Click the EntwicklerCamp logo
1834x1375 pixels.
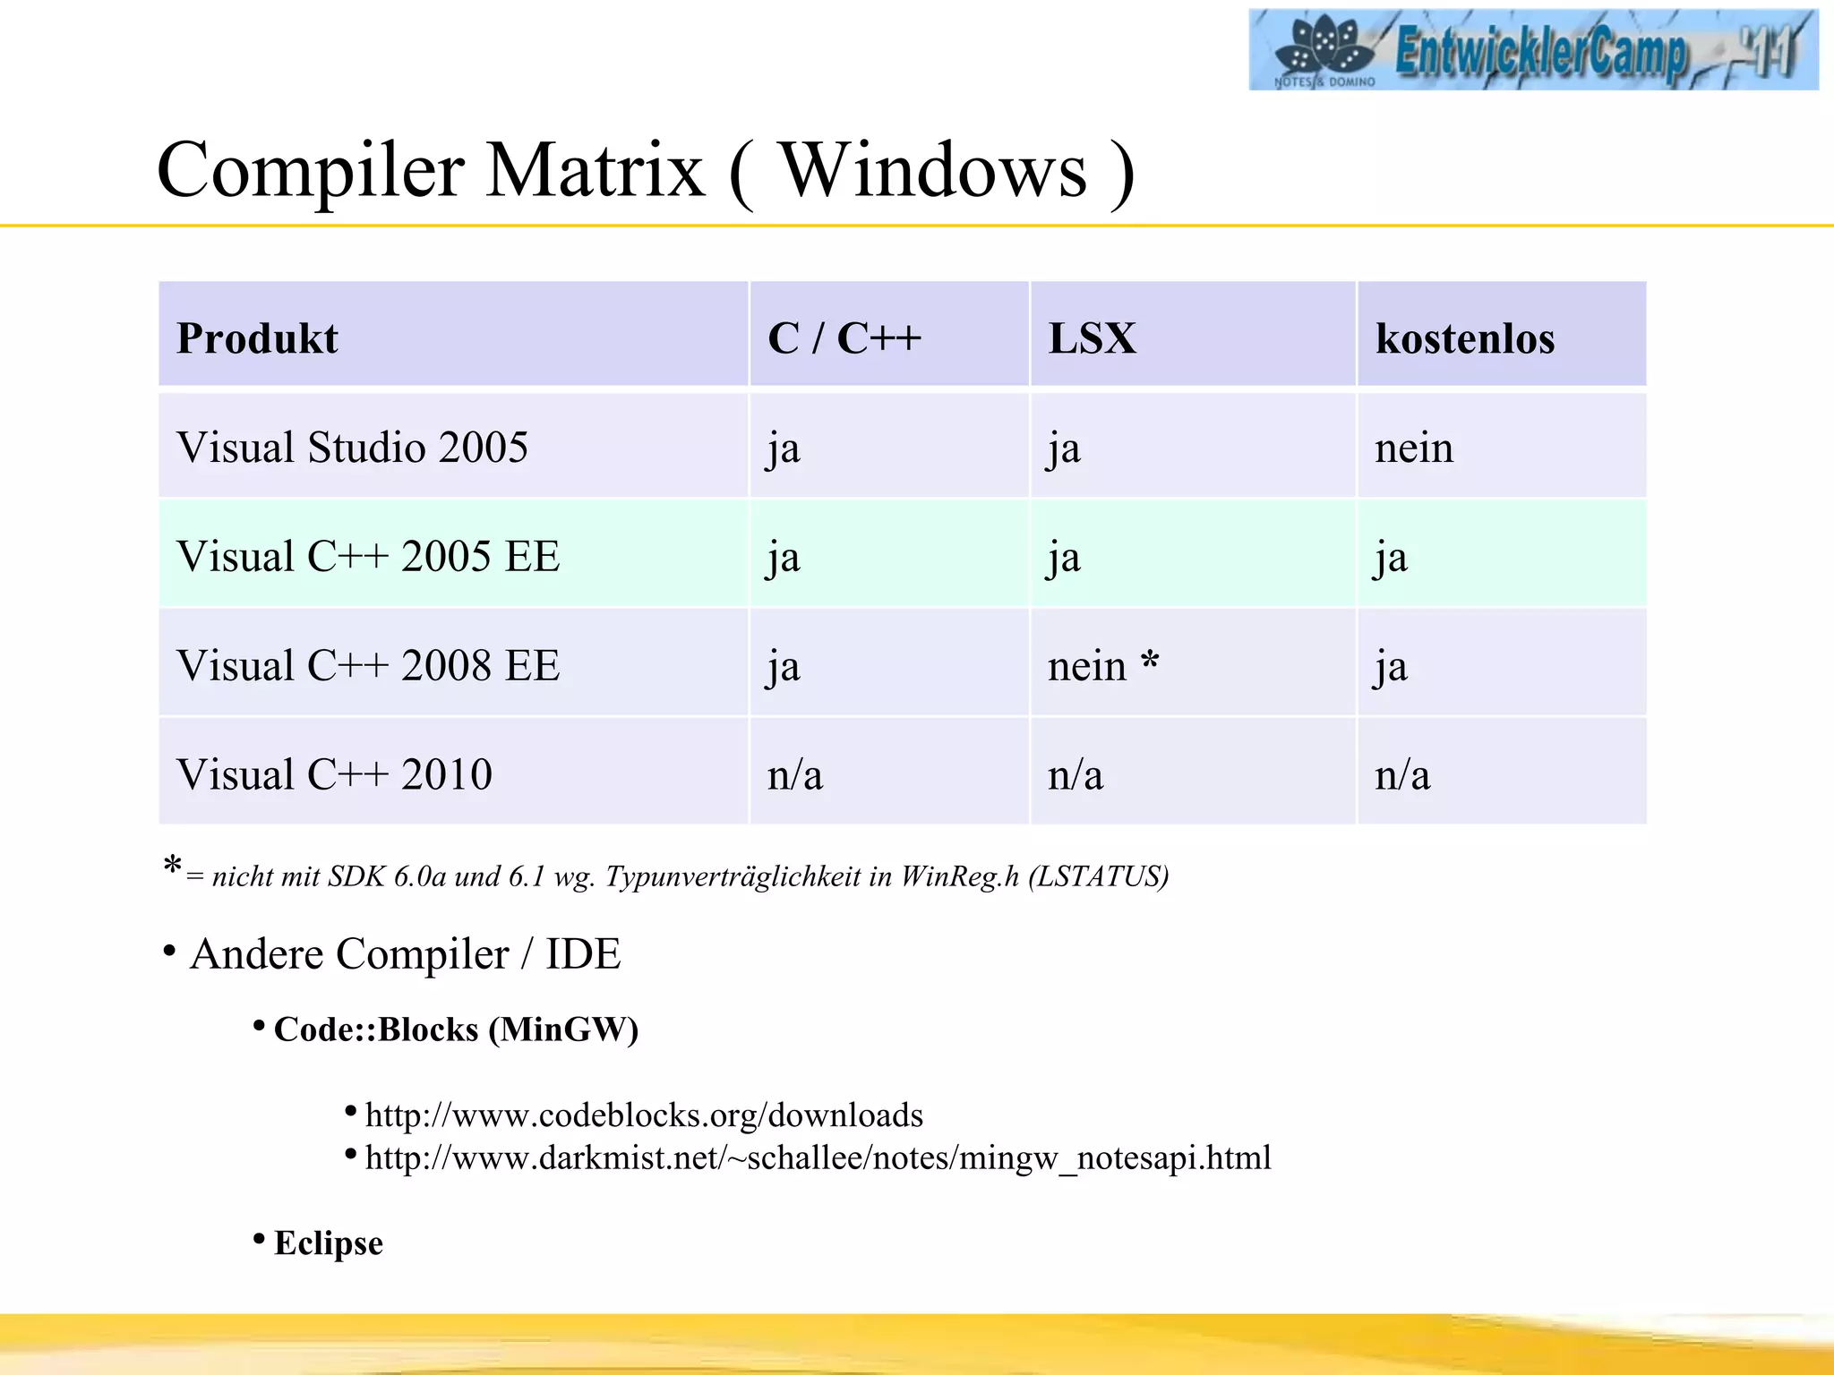[x=1532, y=49]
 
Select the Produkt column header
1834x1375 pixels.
[x=257, y=338]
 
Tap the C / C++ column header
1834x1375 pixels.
[x=844, y=338]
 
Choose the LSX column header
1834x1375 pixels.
[x=1092, y=338]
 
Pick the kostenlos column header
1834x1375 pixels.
[x=1464, y=338]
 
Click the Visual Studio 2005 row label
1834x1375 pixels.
[x=352, y=448]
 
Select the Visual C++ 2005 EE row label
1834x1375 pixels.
[x=368, y=557]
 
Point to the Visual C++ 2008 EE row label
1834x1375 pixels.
[x=368, y=666]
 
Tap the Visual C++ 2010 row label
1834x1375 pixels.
[x=334, y=775]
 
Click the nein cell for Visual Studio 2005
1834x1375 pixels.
[x=1413, y=448]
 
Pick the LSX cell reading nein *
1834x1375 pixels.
[x=1102, y=666]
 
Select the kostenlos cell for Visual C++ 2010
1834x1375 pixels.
[x=1401, y=775]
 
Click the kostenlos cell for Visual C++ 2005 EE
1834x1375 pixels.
[x=1391, y=558]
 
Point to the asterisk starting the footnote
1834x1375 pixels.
[x=173, y=867]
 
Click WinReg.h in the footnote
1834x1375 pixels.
[x=959, y=875]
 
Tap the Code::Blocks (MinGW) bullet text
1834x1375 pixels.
[x=456, y=1029]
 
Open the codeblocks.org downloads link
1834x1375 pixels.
[x=644, y=1115]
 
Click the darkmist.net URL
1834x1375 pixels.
[x=818, y=1158]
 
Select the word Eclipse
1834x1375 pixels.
[x=329, y=1243]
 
